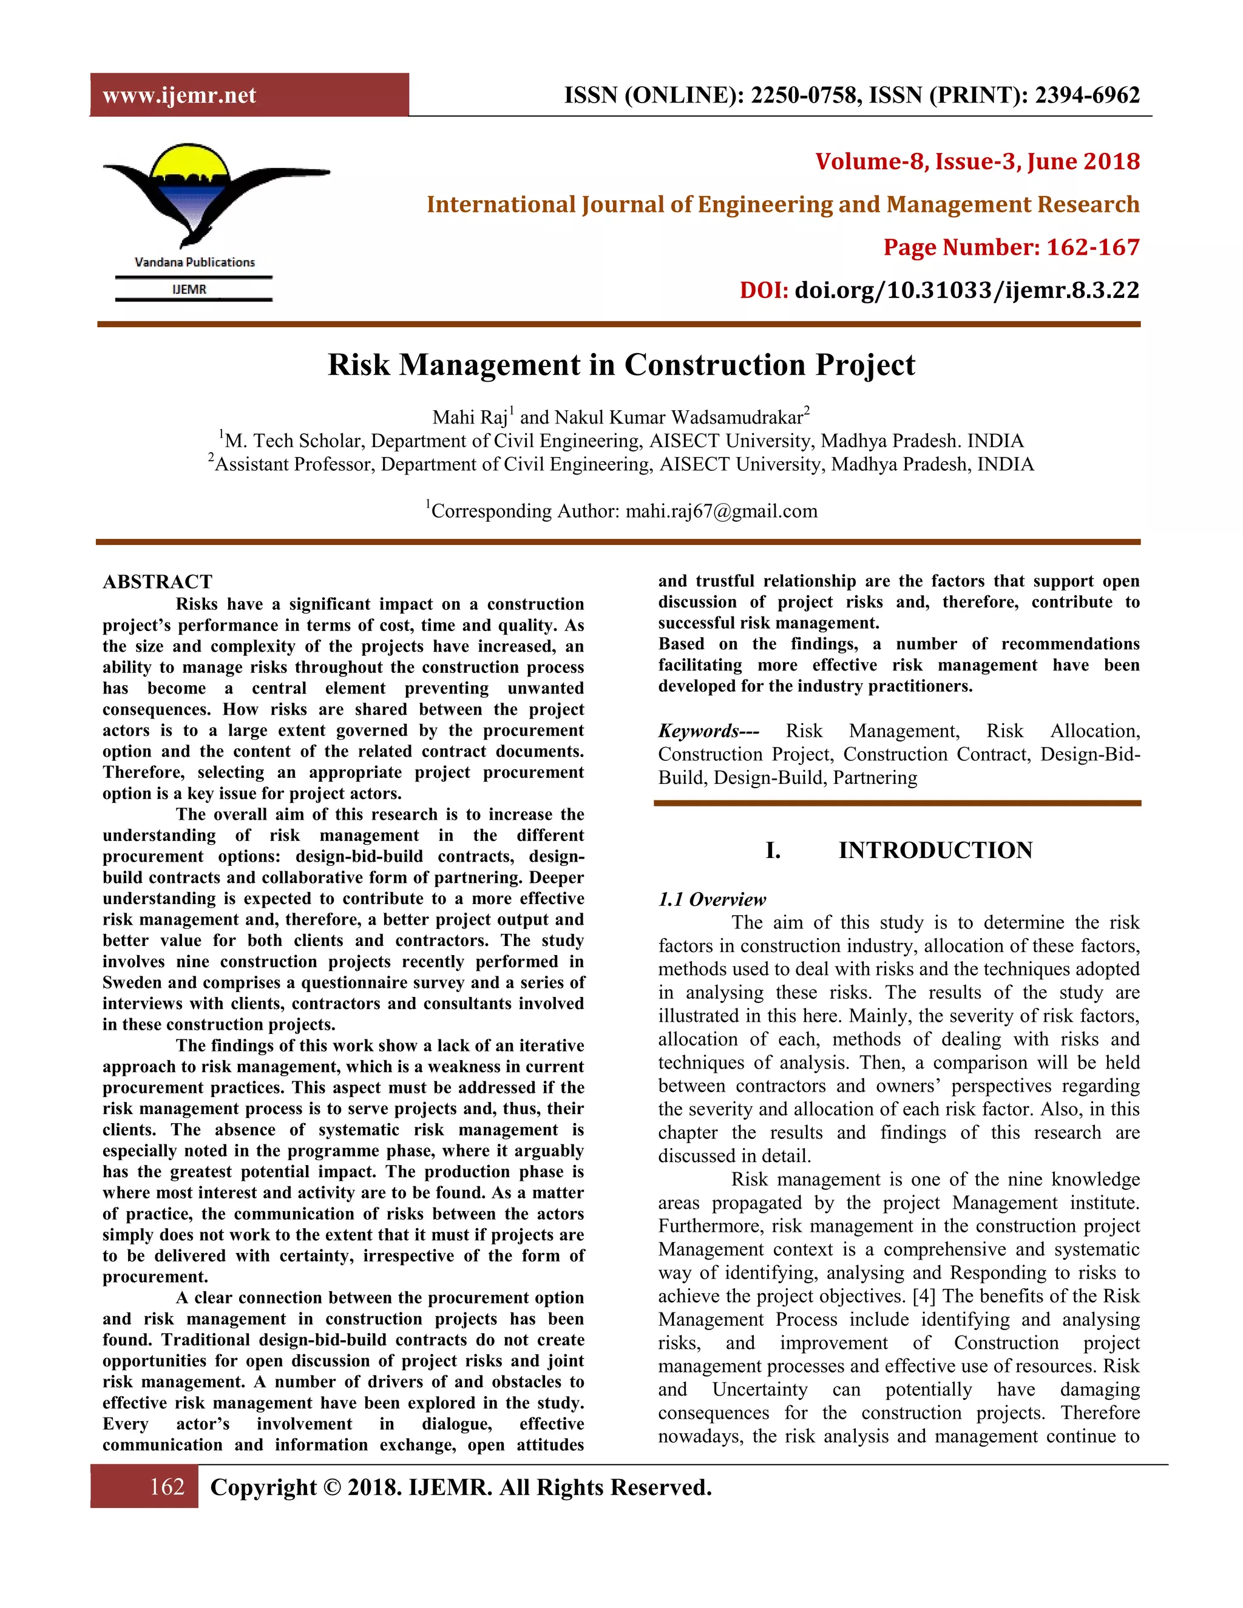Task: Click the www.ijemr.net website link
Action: tap(179, 96)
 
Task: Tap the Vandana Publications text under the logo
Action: tap(194, 262)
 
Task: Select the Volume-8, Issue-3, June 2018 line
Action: tap(977, 161)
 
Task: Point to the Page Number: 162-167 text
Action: tap(1011, 248)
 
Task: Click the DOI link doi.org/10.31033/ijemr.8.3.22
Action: tap(966, 290)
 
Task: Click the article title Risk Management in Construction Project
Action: tap(621, 365)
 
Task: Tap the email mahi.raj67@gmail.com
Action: tap(721, 511)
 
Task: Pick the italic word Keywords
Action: tap(698, 731)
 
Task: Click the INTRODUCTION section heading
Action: tap(935, 850)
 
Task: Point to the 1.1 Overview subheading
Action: tap(711, 899)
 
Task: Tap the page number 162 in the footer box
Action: tap(166, 1487)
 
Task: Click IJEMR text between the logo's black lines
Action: tap(189, 289)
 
